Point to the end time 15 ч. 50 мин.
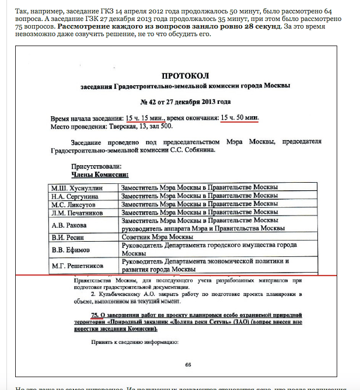click(239, 117)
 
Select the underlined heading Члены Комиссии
click(100, 174)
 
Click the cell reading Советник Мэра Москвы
click(156, 237)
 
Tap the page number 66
click(188, 365)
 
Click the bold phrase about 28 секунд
click(192, 27)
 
